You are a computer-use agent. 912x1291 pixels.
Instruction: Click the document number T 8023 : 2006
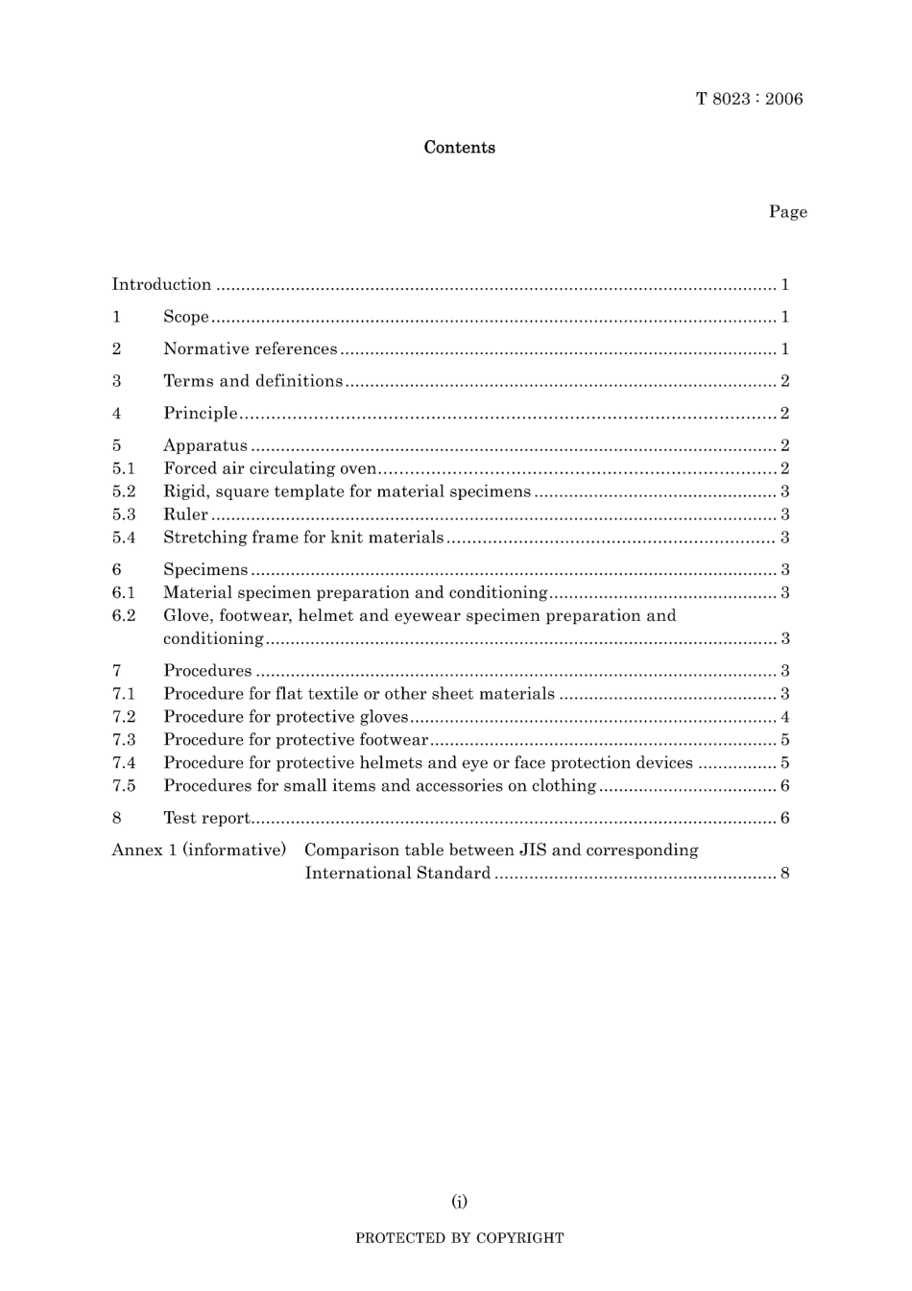pyautogui.click(x=749, y=99)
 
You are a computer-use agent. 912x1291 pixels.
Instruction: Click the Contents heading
pyautogui.click(x=460, y=148)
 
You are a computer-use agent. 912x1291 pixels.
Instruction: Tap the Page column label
pyautogui.click(x=787, y=212)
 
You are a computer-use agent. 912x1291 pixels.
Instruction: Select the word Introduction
pyautogui.click(x=161, y=284)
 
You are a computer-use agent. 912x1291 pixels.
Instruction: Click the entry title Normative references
pyautogui.click(x=251, y=349)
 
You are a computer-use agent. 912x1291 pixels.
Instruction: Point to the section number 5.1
pyautogui.click(x=123, y=468)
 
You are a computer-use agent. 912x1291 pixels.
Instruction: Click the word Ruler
pyautogui.click(x=185, y=514)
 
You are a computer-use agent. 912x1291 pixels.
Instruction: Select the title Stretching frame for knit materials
pyautogui.click(x=303, y=538)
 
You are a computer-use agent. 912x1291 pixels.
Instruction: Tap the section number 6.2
pyautogui.click(x=123, y=615)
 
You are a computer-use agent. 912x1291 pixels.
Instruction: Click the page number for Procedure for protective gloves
pyautogui.click(x=785, y=717)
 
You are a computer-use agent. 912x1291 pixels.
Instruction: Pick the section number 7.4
pyautogui.click(x=123, y=763)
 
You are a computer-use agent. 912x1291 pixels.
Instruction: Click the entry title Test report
pyautogui.click(x=206, y=819)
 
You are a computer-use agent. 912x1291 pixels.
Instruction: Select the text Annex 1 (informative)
pyautogui.click(x=199, y=850)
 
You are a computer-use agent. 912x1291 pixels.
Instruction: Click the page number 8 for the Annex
pyautogui.click(x=785, y=873)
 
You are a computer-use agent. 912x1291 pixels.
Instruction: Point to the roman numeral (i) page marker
pyautogui.click(x=460, y=1201)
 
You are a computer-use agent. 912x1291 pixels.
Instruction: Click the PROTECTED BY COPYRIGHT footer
pyautogui.click(x=460, y=1238)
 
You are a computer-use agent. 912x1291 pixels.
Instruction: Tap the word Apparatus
pyautogui.click(x=205, y=445)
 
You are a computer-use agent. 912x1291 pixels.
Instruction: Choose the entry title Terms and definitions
pyautogui.click(x=252, y=381)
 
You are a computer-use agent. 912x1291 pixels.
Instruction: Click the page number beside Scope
pyautogui.click(x=785, y=317)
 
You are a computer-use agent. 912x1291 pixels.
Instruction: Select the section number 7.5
pyautogui.click(x=123, y=786)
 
